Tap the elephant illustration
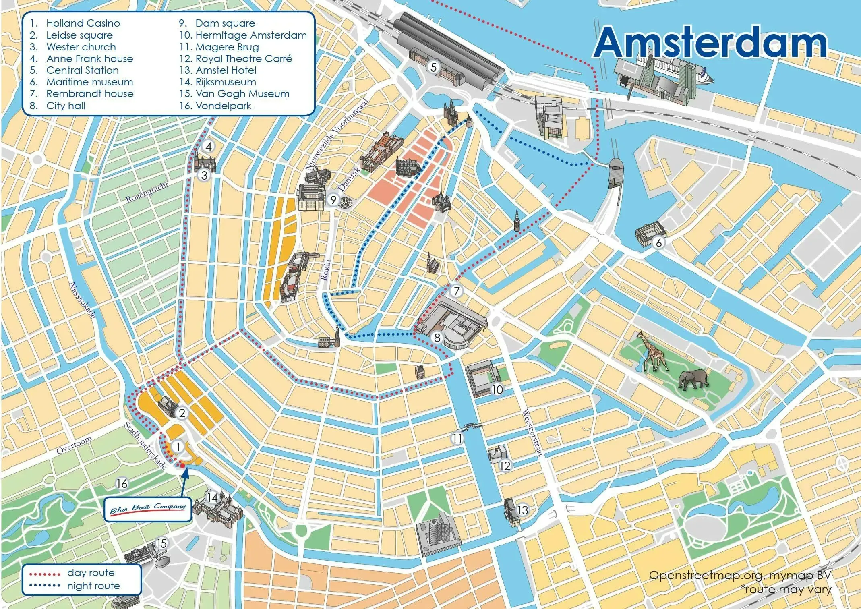[x=693, y=379]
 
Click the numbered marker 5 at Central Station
[x=433, y=67]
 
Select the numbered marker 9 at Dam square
[x=333, y=199]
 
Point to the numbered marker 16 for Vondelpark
[x=122, y=483]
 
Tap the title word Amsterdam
[x=710, y=43]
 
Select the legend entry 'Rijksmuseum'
[x=226, y=82]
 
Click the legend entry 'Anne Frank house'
[x=89, y=59]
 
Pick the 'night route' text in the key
[x=93, y=586]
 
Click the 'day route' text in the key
[x=91, y=572]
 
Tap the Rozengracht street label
[x=147, y=193]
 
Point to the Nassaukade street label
[x=83, y=300]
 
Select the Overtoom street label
[x=74, y=445]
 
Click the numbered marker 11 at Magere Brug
[x=457, y=438]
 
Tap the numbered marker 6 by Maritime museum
[x=659, y=242]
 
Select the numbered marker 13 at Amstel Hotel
[x=522, y=510]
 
